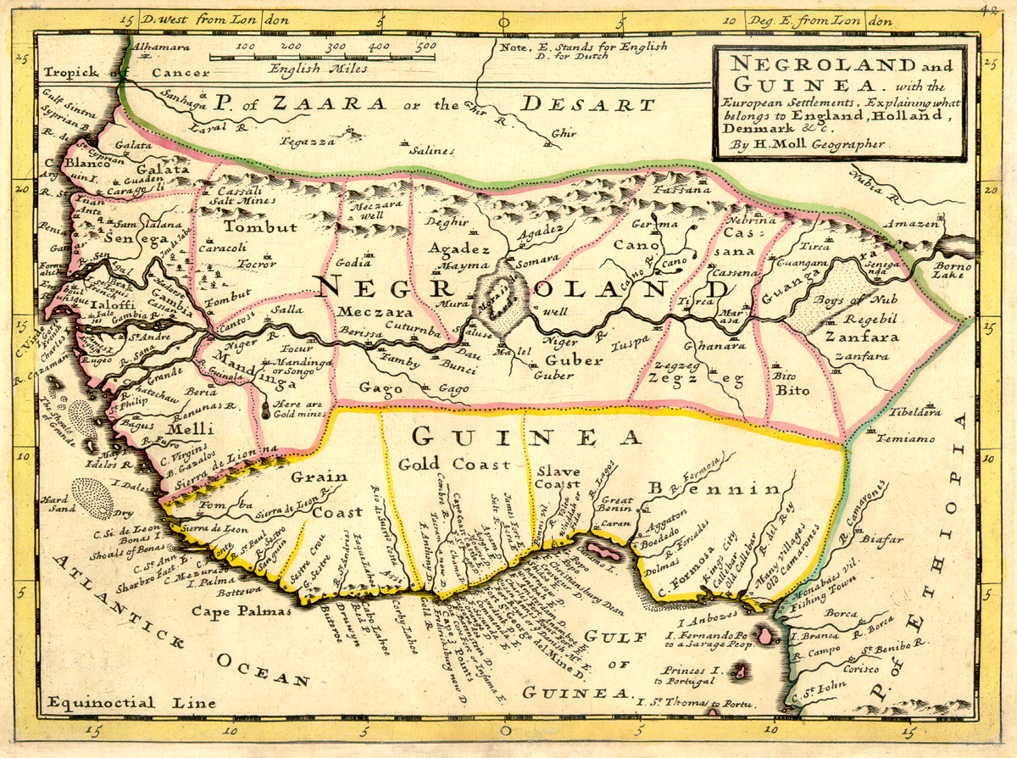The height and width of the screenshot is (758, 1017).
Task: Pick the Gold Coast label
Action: point(454,464)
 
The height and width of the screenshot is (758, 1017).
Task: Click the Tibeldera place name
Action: point(914,413)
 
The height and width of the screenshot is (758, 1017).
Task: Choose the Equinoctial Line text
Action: point(102,703)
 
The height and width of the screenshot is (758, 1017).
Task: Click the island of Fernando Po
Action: point(767,634)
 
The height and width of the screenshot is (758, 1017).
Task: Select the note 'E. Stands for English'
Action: point(583,47)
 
